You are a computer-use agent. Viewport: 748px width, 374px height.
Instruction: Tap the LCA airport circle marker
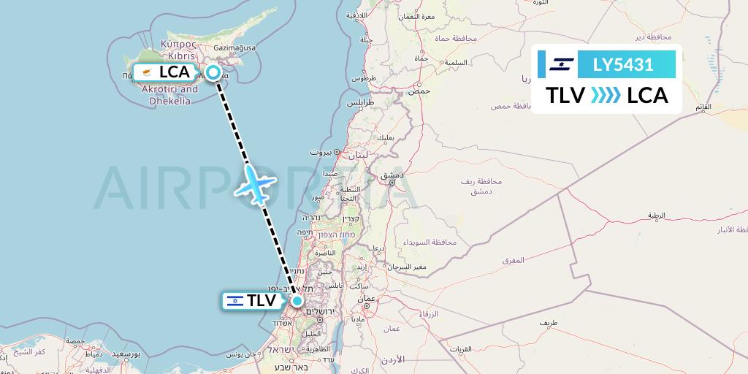tap(213, 72)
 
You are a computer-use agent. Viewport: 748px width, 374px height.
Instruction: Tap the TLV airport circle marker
tap(297, 300)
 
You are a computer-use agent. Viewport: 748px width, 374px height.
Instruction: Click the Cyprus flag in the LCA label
tap(147, 72)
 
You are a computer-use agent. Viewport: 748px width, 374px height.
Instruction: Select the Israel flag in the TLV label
tap(235, 300)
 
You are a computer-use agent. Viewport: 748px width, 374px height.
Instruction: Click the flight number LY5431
tap(623, 64)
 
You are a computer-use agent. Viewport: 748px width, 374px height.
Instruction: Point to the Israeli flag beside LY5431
tap(562, 64)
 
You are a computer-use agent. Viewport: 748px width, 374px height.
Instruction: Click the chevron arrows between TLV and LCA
tap(606, 96)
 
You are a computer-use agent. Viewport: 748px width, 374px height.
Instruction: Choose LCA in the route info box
tap(647, 96)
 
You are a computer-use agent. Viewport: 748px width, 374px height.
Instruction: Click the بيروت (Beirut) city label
tap(321, 153)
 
